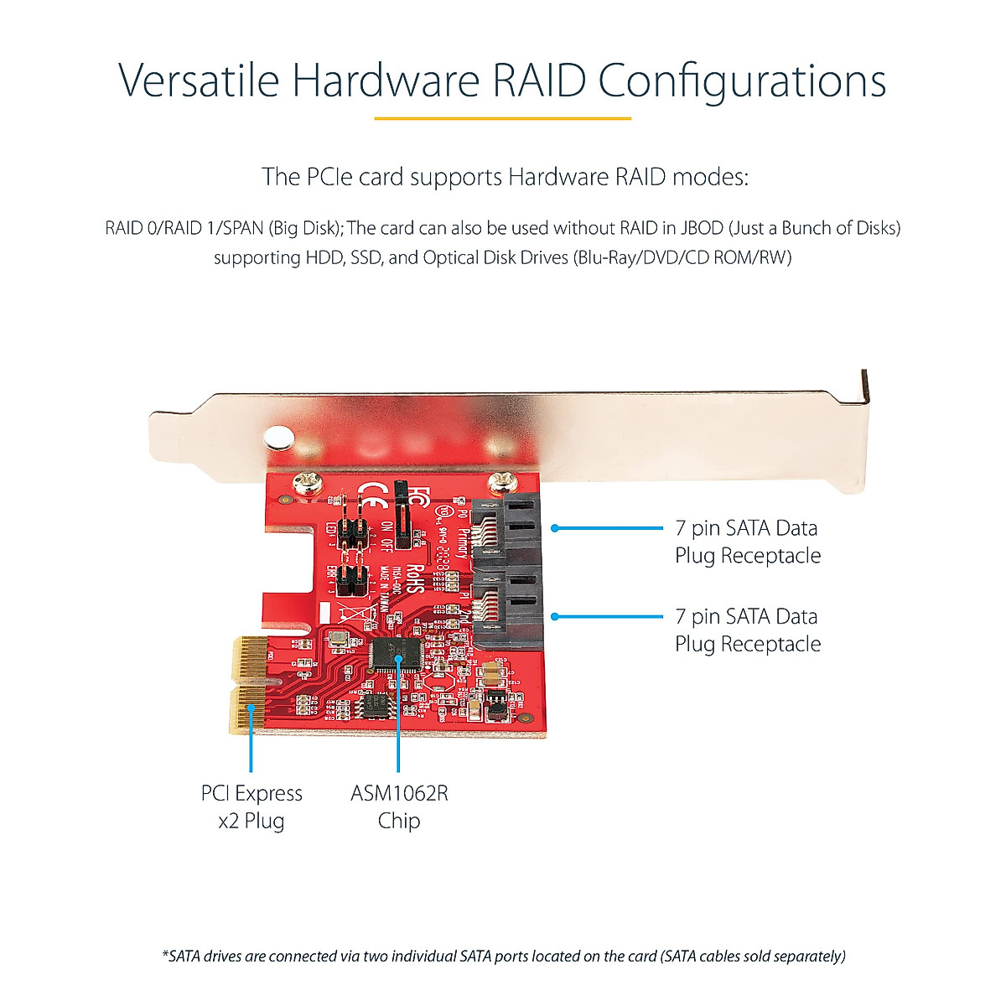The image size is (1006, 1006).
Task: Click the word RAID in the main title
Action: tap(540, 81)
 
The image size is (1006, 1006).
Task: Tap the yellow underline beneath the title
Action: tap(502, 118)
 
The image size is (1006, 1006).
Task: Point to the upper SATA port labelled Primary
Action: tap(506, 532)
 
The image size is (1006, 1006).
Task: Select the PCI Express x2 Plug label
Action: tap(251, 806)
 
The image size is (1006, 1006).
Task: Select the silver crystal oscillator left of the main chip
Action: tap(337, 640)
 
